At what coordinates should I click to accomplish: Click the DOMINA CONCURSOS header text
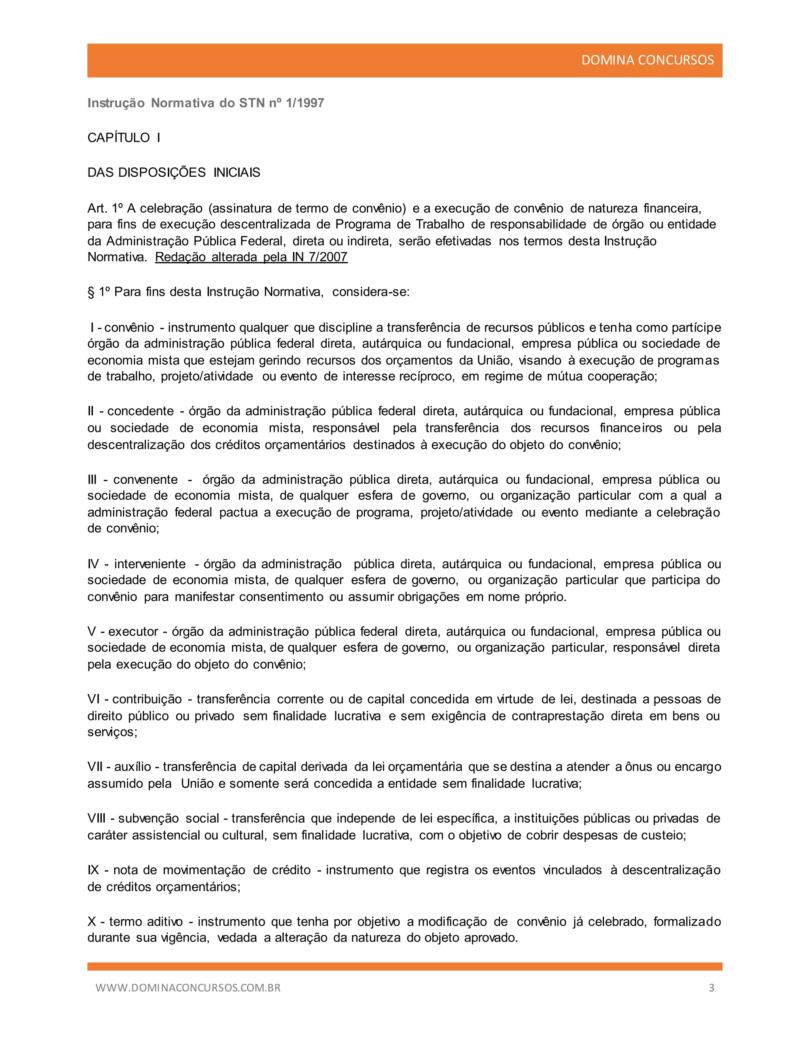tap(647, 60)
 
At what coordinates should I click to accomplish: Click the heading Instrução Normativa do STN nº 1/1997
tap(206, 103)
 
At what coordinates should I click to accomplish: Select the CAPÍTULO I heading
tap(124, 138)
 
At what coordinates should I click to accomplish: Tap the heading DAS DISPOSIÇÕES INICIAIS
tap(174, 173)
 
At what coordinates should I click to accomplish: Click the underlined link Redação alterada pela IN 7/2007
tap(251, 257)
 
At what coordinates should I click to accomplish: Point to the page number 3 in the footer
tap(711, 987)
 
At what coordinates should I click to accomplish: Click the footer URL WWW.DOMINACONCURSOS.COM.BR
tap(188, 987)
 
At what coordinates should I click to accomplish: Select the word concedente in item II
tap(140, 411)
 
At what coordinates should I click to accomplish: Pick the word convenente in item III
tap(146, 479)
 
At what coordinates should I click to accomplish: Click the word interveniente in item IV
tap(150, 564)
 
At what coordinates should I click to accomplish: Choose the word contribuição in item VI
tap(147, 699)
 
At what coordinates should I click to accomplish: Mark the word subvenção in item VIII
tap(148, 818)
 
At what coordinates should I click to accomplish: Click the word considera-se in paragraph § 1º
tap(371, 292)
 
